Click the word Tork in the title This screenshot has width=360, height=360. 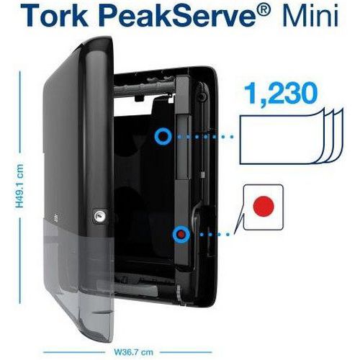(x=55, y=15)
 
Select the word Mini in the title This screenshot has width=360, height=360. (x=310, y=15)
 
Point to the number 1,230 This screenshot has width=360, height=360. (x=280, y=93)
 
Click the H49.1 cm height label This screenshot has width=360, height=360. (x=19, y=186)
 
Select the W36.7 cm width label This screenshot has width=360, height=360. (x=133, y=352)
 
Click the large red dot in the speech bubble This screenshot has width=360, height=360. (x=264, y=207)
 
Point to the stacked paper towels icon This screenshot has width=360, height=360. (x=292, y=137)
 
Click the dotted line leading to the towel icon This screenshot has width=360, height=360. (x=204, y=137)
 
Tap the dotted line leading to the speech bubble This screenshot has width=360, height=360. (x=215, y=234)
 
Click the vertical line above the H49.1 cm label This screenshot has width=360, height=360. (x=19, y=112)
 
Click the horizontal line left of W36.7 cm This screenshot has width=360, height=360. (x=74, y=352)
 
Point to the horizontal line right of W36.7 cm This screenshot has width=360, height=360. (x=186, y=352)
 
